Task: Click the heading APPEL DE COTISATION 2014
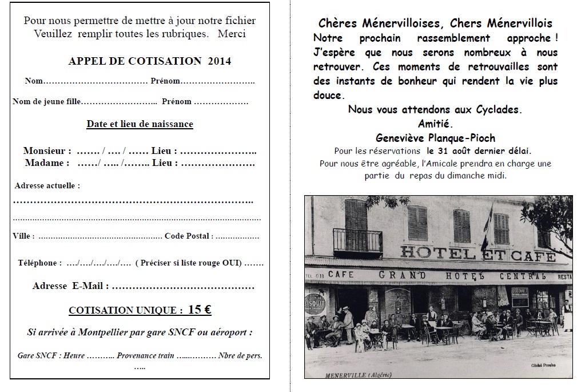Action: click(149, 61)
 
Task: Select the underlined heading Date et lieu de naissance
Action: click(140, 124)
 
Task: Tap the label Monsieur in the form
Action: click(47, 152)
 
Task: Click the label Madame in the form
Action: click(47, 163)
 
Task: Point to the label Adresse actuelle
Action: click(47, 186)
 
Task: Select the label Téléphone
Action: click(39, 263)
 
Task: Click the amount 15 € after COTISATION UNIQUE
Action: click(200, 310)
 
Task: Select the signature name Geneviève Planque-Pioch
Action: click(435, 138)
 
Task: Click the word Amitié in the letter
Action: click(435, 124)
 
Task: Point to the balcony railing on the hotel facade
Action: click(357, 240)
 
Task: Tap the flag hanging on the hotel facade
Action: click(488, 220)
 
